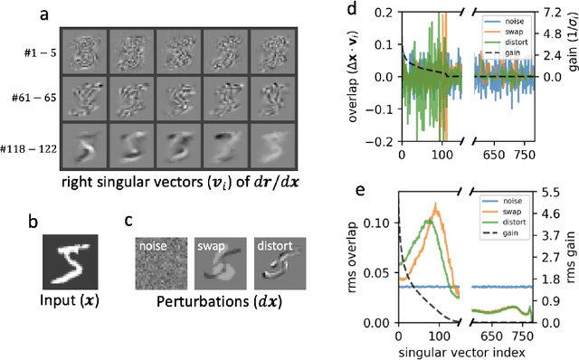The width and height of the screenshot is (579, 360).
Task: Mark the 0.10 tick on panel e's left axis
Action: click(378, 221)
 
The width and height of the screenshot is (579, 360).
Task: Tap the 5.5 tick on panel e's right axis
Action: click(560, 192)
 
